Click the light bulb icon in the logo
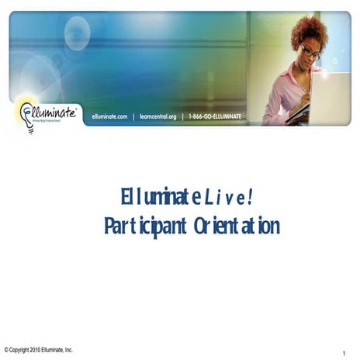pos(27,113)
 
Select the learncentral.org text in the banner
pos(158,116)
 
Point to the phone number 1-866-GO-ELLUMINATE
pos(215,116)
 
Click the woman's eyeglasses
pos(308,53)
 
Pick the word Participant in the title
pos(146,226)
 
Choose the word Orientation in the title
pos(237,226)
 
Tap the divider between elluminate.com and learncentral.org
pos(133,116)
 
